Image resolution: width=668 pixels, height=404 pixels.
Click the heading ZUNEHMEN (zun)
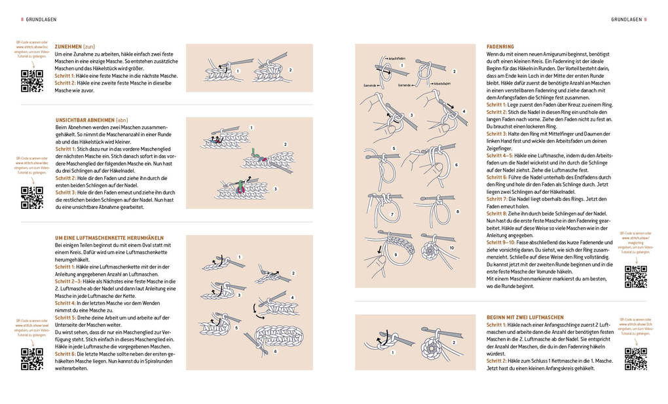[x=75, y=46]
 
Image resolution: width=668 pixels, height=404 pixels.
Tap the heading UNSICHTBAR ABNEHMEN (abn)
[x=92, y=120]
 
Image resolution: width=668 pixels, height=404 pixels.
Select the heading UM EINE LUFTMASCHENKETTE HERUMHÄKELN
[x=109, y=237]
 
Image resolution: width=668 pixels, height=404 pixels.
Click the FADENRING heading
[x=500, y=46]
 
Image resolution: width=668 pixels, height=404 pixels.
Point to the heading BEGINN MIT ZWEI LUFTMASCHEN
[x=525, y=318]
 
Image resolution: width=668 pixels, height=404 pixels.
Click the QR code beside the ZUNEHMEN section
[x=31, y=81]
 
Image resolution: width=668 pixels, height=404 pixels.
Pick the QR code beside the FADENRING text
[x=635, y=277]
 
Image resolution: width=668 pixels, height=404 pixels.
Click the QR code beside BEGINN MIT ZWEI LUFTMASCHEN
[x=635, y=359]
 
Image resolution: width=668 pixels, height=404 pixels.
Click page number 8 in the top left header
[x=22, y=19]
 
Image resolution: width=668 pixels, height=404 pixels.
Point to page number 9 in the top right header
[x=645, y=19]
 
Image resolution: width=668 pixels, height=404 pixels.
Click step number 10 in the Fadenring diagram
[x=452, y=248]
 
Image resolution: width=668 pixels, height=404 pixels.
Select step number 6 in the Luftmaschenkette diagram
[x=275, y=352]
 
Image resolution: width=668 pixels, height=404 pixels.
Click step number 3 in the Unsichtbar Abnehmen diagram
[x=275, y=189]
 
